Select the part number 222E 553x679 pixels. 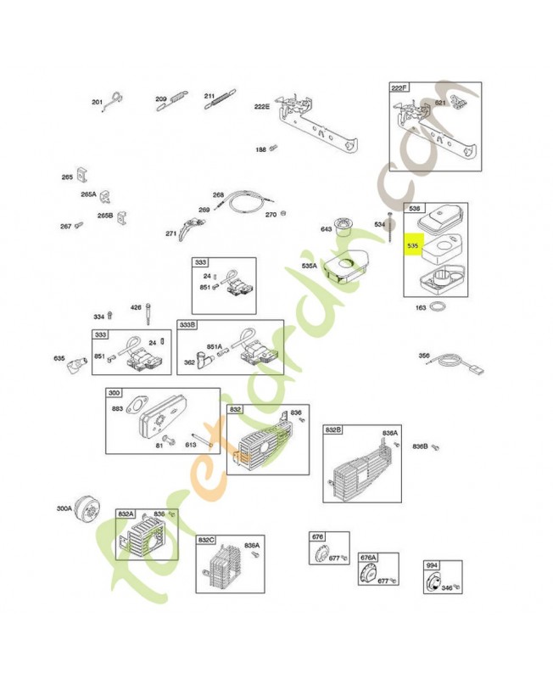[262, 106]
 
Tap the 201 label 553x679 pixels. [97, 103]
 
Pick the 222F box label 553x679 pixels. [399, 87]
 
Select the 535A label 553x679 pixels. [309, 266]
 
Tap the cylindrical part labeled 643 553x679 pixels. [344, 225]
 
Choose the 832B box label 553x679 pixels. [333, 430]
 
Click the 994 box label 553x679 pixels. [431, 565]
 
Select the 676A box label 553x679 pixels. [367, 557]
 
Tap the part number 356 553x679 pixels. [423, 356]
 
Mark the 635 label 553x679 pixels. [59, 358]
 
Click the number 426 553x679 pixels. [135, 307]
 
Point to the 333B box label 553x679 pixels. [187, 325]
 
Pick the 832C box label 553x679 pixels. [206, 540]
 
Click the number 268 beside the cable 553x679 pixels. [218, 195]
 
